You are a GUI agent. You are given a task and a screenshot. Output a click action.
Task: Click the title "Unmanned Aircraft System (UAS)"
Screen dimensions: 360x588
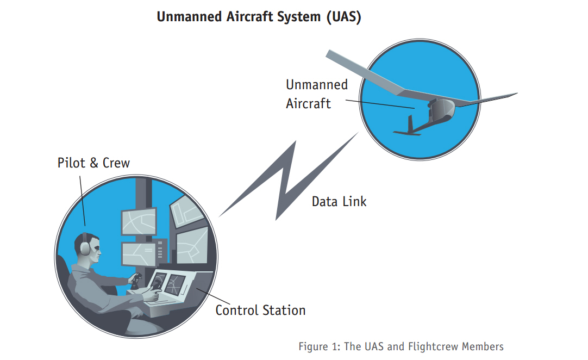[259, 17]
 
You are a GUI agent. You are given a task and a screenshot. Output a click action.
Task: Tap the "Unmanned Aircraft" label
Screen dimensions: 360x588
[316, 94]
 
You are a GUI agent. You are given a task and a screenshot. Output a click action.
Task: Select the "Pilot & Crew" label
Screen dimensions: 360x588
[93, 163]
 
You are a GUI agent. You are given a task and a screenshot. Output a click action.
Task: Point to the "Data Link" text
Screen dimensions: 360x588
[339, 201]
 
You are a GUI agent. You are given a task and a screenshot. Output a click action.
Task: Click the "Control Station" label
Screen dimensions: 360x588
[260, 311]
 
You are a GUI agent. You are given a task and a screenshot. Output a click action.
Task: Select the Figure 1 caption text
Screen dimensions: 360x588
[401, 346]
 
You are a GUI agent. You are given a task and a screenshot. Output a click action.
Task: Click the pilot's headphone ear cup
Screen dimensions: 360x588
[85, 247]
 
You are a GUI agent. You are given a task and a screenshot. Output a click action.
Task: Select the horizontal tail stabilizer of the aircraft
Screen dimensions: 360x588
[406, 133]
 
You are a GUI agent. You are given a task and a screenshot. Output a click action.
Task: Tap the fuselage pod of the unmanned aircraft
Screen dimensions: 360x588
[440, 111]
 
